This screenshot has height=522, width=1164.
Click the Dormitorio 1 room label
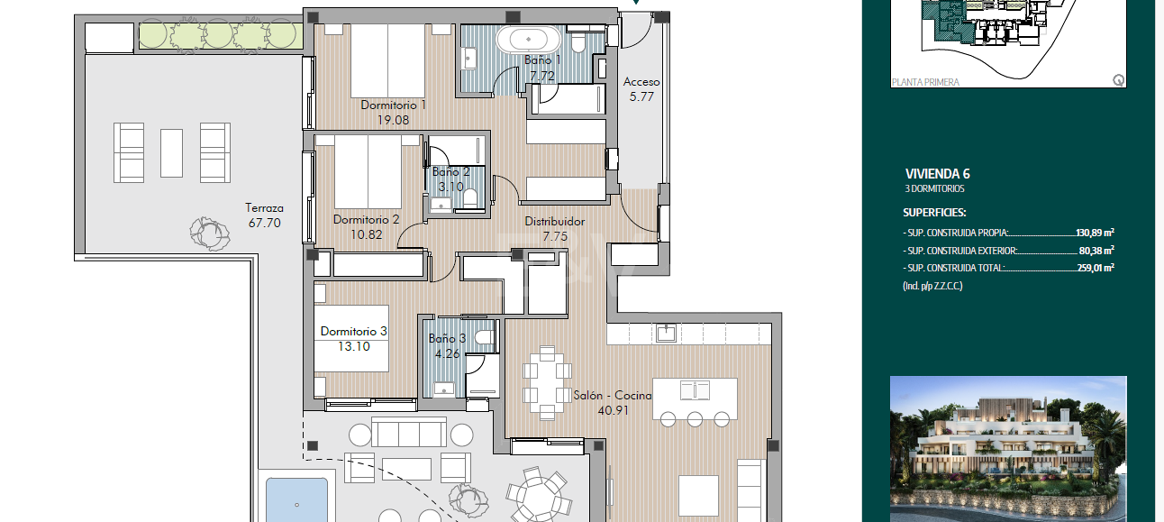click(393, 105)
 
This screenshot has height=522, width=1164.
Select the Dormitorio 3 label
click(353, 332)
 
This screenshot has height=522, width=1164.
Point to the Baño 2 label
click(450, 171)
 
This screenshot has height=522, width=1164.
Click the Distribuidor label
click(555, 221)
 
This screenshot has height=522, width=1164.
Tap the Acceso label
click(641, 82)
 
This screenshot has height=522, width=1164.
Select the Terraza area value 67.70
click(265, 223)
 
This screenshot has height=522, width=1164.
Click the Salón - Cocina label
click(613, 395)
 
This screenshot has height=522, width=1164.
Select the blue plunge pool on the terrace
click(296, 500)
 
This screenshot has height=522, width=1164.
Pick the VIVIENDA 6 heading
click(937, 174)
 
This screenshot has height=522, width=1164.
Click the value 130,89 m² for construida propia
click(1095, 232)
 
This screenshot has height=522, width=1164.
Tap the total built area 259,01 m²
click(1095, 268)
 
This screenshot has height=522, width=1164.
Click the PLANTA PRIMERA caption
click(925, 82)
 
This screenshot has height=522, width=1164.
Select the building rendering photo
click(1008, 448)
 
